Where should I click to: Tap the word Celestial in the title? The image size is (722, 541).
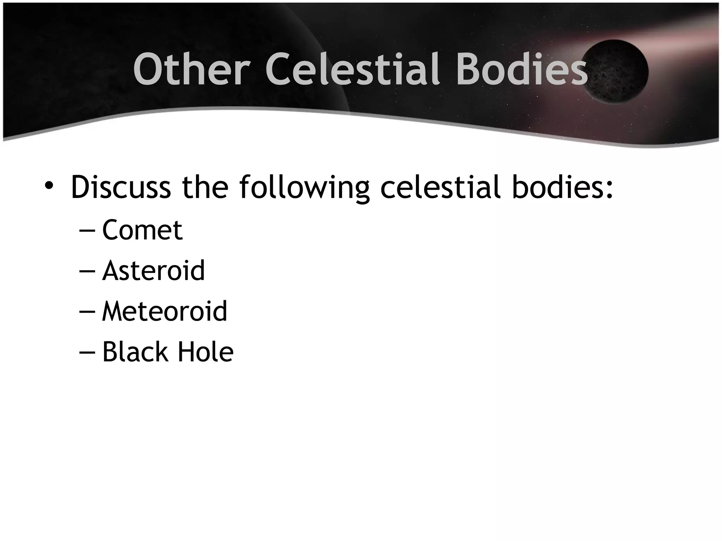[353, 69]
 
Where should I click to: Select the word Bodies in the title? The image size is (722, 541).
[522, 69]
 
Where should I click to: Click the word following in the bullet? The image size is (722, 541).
[304, 188]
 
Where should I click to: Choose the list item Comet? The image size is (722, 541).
[142, 230]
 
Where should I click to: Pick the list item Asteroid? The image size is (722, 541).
[153, 270]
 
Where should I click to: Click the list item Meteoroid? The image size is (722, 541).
[164, 311]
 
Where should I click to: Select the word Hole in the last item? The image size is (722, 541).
[205, 352]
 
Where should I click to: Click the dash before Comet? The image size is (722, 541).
[87, 231]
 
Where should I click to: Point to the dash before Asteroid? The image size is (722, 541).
[87, 272]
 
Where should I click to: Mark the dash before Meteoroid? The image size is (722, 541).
[87, 312]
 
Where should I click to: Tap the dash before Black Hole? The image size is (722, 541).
[87, 353]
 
